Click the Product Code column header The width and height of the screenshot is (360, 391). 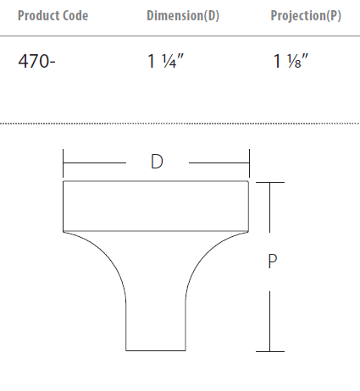(x=53, y=15)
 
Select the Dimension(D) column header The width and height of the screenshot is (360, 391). (x=183, y=15)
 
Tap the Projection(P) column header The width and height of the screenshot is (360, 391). (x=306, y=15)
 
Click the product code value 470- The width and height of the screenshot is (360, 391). (x=36, y=61)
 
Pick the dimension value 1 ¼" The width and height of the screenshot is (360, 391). (x=166, y=61)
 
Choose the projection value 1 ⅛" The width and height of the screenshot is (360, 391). (x=291, y=61)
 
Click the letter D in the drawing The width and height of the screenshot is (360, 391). (x=157, y=162)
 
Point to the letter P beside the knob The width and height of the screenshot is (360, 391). (x=272, y=262)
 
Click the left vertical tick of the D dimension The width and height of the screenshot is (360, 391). (x=63, y=163)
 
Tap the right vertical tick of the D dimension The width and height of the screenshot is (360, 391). (x=249, y=163)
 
